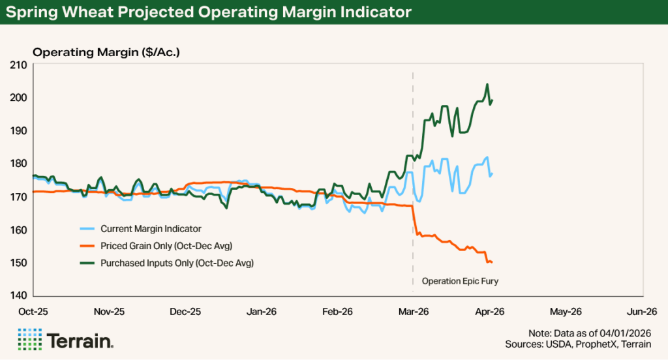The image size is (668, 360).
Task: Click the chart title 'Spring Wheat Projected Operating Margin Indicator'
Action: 209,12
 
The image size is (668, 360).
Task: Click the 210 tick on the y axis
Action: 18,65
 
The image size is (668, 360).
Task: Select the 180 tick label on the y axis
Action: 18,164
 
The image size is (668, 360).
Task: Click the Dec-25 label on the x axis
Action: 185,312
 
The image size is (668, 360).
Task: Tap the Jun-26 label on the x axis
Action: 642,312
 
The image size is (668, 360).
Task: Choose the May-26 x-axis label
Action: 566,312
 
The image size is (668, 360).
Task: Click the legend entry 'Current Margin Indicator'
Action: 151,229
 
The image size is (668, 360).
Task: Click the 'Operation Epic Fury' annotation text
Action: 464,281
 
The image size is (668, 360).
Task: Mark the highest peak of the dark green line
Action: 487,84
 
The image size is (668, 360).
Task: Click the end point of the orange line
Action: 491,262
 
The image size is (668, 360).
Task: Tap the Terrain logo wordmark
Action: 80,340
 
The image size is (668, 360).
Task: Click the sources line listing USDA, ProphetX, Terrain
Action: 586,343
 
